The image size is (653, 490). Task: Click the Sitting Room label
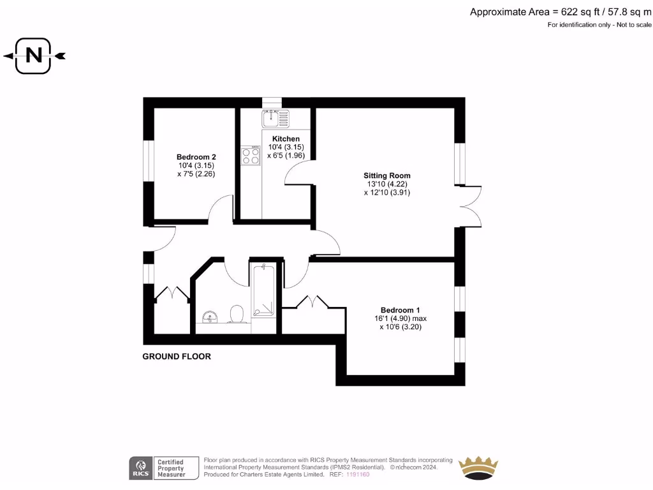[x=387, y=175]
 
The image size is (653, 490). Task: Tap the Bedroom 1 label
[x=400, y=310]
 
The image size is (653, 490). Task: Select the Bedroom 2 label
[x=196, y=157]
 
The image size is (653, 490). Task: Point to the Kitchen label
[x=286, y=138]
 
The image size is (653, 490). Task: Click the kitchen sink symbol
[x=275, y=118]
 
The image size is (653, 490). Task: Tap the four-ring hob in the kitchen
[x=251, y=156]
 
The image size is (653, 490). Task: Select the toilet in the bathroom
[x=237, y=314]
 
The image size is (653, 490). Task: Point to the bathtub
[x=263, y=290]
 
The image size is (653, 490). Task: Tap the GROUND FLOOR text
[x=177, y=357]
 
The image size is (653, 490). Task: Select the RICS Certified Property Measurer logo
[x=158, y=468]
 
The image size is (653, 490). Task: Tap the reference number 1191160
[x=358, y=475]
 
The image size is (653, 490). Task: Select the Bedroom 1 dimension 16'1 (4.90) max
[x=400, y=318]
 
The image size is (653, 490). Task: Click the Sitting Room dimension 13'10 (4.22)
[x=387, y=184]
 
